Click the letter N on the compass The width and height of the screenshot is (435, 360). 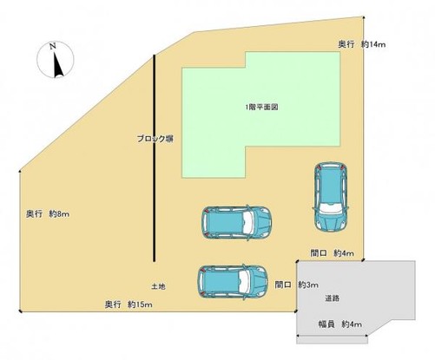tap(52, 46)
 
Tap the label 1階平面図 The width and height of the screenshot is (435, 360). tap(261, 108)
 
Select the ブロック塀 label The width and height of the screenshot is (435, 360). tap(155, 139)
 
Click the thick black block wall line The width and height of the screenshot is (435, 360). tap(155, 158)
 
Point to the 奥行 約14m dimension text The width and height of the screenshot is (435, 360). tap(362, 44)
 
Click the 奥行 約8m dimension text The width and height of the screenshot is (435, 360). tap(48, 214)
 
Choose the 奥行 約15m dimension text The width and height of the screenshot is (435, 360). tap(129, 304)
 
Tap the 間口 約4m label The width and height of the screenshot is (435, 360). tap(332, 253)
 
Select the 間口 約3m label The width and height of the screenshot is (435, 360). tap(297, 285)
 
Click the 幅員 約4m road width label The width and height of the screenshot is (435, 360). tap(340, 324)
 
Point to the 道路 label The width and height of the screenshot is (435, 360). tap(332, 298)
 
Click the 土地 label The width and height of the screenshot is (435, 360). tap(158, 286)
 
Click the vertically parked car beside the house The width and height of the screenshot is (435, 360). tap(331, 197)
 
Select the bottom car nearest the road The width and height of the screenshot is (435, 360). tap(233, 282)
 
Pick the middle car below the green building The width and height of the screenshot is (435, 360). tap(237, 223)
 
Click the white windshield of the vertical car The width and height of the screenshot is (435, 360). tap(331, 208)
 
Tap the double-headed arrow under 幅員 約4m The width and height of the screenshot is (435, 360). tap(333, 336)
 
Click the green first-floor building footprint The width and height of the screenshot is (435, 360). tap(260, 115)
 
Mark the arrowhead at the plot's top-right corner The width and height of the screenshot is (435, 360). tap(364, 17)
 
